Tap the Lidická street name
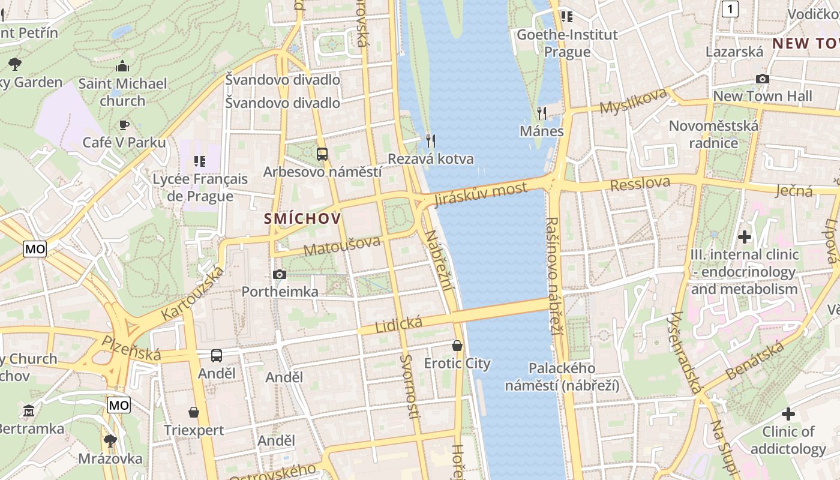tap(398, 325)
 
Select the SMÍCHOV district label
tap(302, 219)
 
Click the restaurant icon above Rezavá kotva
tap(430, 141)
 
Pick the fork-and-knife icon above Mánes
tap(542, 113)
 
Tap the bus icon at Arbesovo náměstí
tap(322, 154)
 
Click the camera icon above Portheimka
tap(279, 275)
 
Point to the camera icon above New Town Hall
tap(762, 79)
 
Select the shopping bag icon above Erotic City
tap(457, 346)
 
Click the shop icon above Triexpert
tap(194, 412)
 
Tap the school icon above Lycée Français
tap(200, 161)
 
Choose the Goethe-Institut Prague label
tap(567, 43)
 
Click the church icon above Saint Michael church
tap(122, 65)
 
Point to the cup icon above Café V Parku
tap(124, 125)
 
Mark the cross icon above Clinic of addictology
tap(788, 414)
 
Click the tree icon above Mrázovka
tap(110, 441)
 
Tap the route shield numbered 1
tap(730, 9)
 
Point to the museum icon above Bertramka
tap(29, 411)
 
